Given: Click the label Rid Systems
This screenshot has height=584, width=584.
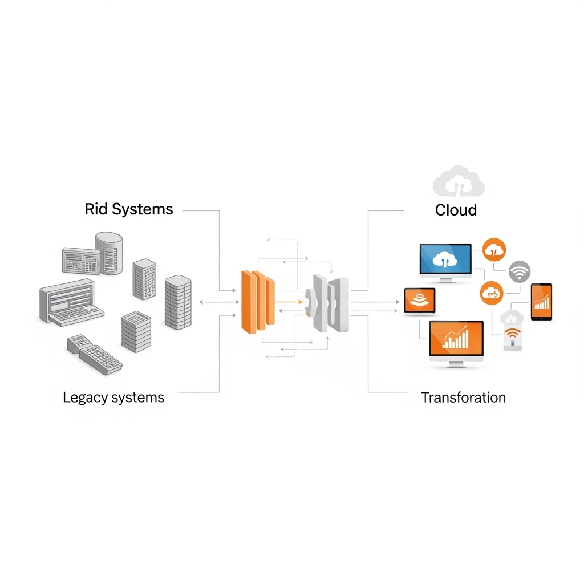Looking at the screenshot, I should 128,209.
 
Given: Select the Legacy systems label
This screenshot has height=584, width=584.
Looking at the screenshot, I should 113,398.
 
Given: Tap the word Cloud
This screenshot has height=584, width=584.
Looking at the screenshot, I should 456,210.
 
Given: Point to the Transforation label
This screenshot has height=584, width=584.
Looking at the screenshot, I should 463,398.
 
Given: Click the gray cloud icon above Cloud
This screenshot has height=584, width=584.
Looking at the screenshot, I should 459,181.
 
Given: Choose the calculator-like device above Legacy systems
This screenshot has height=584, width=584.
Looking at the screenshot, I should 94,354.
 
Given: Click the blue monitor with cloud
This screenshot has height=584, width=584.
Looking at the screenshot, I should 445,262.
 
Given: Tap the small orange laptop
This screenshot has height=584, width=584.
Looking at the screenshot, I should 420,302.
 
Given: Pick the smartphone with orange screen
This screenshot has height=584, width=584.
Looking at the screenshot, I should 541,302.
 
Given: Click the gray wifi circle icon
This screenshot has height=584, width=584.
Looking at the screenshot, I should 520,271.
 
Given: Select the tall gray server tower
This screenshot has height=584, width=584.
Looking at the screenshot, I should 178,302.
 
